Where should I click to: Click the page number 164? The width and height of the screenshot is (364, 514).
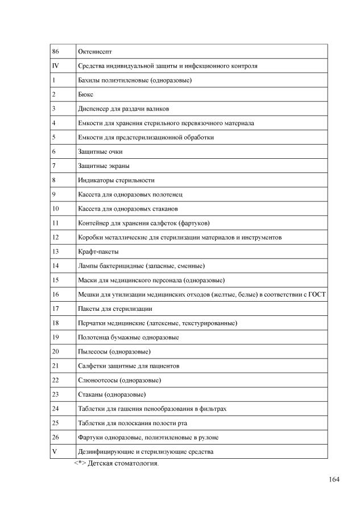pyautogui.click(x=334, y=479)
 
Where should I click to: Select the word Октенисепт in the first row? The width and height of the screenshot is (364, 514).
pyautogui.click(x=95, y=52)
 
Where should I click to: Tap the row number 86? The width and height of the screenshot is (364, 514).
pyautogui.click(x=55, y=52)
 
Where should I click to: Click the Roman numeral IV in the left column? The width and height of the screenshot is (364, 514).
pyautogui.click(x=55, y=66)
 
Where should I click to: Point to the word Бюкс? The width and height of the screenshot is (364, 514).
pyautogui.click(x=85, y=94)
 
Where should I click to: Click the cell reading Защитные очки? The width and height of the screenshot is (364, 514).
pyautogui.click(x=100, y=151)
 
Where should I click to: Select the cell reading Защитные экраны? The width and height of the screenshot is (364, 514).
pyautogui.click(x=104, y=166)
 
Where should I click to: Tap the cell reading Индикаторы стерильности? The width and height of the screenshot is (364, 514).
pyautogui.click(x=116, y=180)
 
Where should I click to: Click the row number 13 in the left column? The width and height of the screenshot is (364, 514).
pyautogui.click(x=55, y=252)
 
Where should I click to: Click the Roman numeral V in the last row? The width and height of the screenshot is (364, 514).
pyautogui.click(x=54, y=451)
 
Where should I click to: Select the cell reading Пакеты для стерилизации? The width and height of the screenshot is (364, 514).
pyautogui.click(x=115, y=309)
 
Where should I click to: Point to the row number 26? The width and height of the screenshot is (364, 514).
pyautogui.click(x=55, y=437)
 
